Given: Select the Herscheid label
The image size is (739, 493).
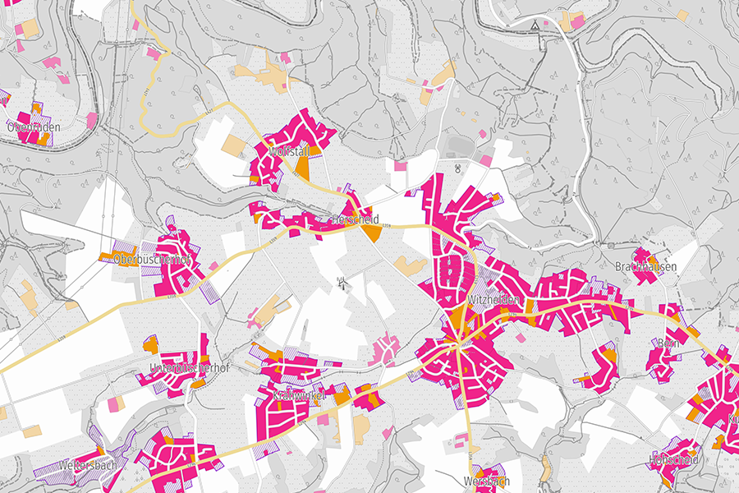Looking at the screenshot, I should point(354,220).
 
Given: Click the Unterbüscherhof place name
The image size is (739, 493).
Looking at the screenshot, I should point(188,367).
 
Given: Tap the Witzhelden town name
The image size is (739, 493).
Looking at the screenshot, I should point(493,301).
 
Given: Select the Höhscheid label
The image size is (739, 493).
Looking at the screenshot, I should point(673,459).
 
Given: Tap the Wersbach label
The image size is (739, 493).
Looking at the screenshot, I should point(487,481).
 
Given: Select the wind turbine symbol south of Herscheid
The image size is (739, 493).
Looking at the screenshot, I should point(341,284).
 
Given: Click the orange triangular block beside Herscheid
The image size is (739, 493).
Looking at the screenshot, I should point(371,233).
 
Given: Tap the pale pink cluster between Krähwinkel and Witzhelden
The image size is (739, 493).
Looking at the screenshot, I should point(384,351).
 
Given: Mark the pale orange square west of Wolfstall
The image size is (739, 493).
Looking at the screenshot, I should point(233,147).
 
